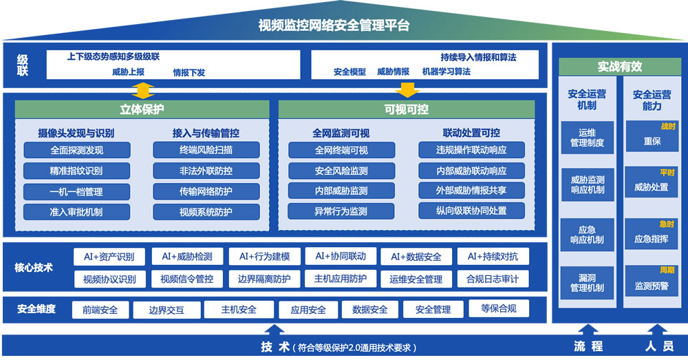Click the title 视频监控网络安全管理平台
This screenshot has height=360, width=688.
334,25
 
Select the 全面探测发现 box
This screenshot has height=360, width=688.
77,150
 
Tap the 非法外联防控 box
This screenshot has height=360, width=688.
206,171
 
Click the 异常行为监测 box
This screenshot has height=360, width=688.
341,211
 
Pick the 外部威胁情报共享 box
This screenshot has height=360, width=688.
471,191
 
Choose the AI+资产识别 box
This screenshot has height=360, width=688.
109,257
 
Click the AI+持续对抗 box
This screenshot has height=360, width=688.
493,256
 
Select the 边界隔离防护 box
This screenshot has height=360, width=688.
264,279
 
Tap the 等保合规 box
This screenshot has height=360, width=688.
499,308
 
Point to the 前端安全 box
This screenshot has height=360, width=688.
100,310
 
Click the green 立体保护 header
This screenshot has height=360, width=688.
142,109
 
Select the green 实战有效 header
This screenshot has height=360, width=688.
620,67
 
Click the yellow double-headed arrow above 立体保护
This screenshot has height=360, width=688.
143,90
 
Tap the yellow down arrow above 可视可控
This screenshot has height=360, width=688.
407,89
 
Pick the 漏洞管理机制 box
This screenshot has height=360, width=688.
587,283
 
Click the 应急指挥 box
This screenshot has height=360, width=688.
652,234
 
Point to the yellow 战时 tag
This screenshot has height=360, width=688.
668,127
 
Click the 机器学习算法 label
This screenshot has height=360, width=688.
447,72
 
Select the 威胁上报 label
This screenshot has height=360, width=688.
128,72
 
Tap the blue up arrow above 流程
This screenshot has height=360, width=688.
588,329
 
